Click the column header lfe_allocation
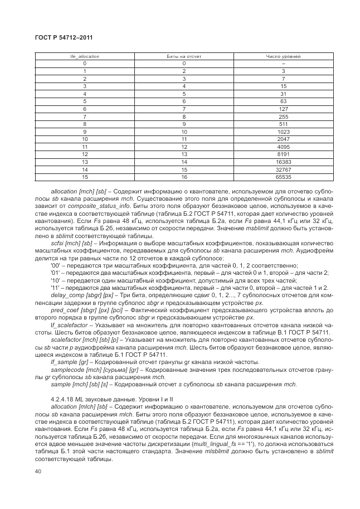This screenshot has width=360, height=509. [84, 57]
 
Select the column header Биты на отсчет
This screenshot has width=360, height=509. [183, 57]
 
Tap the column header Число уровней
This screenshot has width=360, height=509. [283, 57]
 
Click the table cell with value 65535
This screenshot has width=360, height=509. [283, 177]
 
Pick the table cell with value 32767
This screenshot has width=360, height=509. [283, 169]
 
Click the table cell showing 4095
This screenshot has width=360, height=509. [283, 146]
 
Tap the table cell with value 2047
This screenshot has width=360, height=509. [283, 138]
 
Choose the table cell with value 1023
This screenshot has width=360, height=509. [283, 131]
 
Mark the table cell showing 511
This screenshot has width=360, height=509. [283, 123]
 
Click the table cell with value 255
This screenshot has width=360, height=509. [283, 116]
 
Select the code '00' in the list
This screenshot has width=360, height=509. [55, 265]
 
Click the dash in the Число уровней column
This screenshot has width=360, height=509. [283, 64]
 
